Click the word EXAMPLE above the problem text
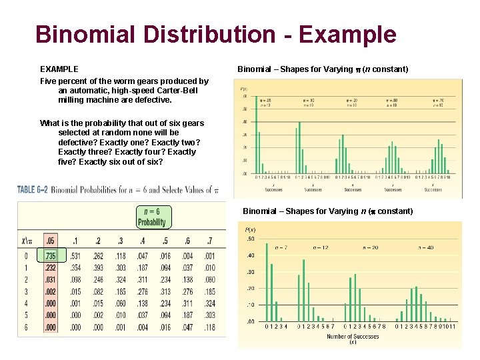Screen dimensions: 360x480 point(59,69)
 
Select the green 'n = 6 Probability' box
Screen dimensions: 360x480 point(152,217)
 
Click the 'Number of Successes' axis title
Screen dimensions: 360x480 point(353,337)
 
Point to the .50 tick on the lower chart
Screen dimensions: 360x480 point(249,239)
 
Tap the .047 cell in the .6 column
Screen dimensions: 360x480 point(189,327)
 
